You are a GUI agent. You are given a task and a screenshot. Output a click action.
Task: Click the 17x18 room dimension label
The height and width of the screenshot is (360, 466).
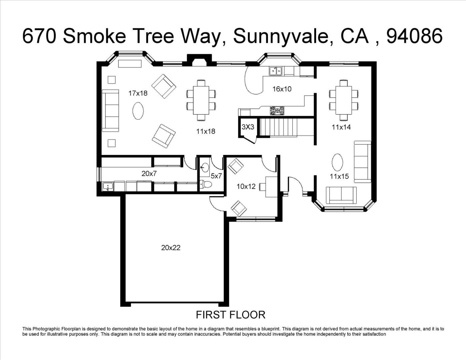coord(138,93)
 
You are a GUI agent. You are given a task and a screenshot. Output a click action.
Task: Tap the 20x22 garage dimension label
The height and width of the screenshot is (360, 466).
coord(171,248)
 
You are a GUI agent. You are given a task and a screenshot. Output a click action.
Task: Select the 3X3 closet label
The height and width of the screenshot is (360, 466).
coord(248,127)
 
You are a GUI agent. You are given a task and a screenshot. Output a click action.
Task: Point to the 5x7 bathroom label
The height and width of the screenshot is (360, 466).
coord(216,176)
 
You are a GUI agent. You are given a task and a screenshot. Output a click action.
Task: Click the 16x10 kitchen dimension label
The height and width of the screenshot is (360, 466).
coord(282,89)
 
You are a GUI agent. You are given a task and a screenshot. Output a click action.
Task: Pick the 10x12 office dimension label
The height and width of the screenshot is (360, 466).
coord(246,186)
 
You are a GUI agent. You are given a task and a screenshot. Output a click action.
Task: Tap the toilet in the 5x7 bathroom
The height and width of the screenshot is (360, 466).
coord(206,184)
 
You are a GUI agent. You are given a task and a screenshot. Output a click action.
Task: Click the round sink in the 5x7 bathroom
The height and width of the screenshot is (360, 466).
coord(205,167)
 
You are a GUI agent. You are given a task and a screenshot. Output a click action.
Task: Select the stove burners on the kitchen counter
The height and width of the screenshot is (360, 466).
coord(277,111)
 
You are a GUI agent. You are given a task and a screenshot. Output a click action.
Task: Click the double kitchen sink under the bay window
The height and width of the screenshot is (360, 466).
coord(276,71)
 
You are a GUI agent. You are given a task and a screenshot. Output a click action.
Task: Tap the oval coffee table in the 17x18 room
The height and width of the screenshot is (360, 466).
coord(138,111)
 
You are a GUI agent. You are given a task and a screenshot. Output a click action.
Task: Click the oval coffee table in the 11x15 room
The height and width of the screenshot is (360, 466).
coord(337,162)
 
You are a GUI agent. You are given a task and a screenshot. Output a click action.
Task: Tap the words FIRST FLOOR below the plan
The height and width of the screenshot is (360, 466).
coord(231,315)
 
